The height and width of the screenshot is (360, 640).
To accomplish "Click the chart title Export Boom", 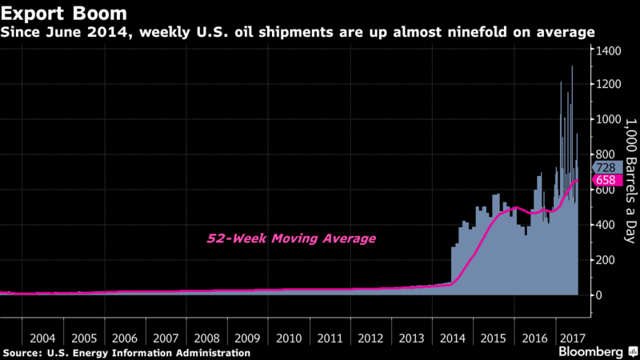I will (57, 14).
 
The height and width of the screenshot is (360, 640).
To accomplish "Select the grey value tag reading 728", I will (604, 167).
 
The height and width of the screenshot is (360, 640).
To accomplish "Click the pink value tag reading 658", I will (604, 180).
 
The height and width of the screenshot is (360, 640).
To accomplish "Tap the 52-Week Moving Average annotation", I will (291, 238).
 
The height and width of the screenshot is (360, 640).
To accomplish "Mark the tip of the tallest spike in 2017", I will (571, 66).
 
